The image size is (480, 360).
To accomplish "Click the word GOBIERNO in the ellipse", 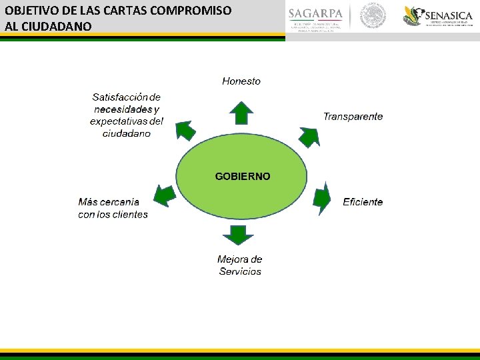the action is [x=243, y=177].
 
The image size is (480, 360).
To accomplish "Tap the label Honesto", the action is [x=241, y=81].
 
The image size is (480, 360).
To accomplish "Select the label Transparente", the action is [x=353, y=117].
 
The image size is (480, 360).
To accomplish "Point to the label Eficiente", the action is [x=363, y=202].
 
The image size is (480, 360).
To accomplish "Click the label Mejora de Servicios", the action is [x=240, y=265].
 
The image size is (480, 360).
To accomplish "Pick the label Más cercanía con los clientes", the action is [x=113, y=208].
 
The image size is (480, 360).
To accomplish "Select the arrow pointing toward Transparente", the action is [x=309, y=135].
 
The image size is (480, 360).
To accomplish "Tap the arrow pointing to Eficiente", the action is [x=322, y=198].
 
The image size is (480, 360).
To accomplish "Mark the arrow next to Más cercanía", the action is [x=164, y=195].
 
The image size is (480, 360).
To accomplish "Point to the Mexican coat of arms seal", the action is [x=373, y=17].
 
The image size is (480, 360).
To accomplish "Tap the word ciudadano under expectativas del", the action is [x=127, y=133].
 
